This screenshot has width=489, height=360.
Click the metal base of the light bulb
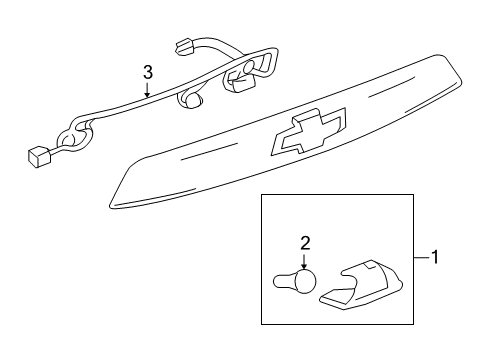tap(282, 308)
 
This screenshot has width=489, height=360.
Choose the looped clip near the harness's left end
tap(71, 136)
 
